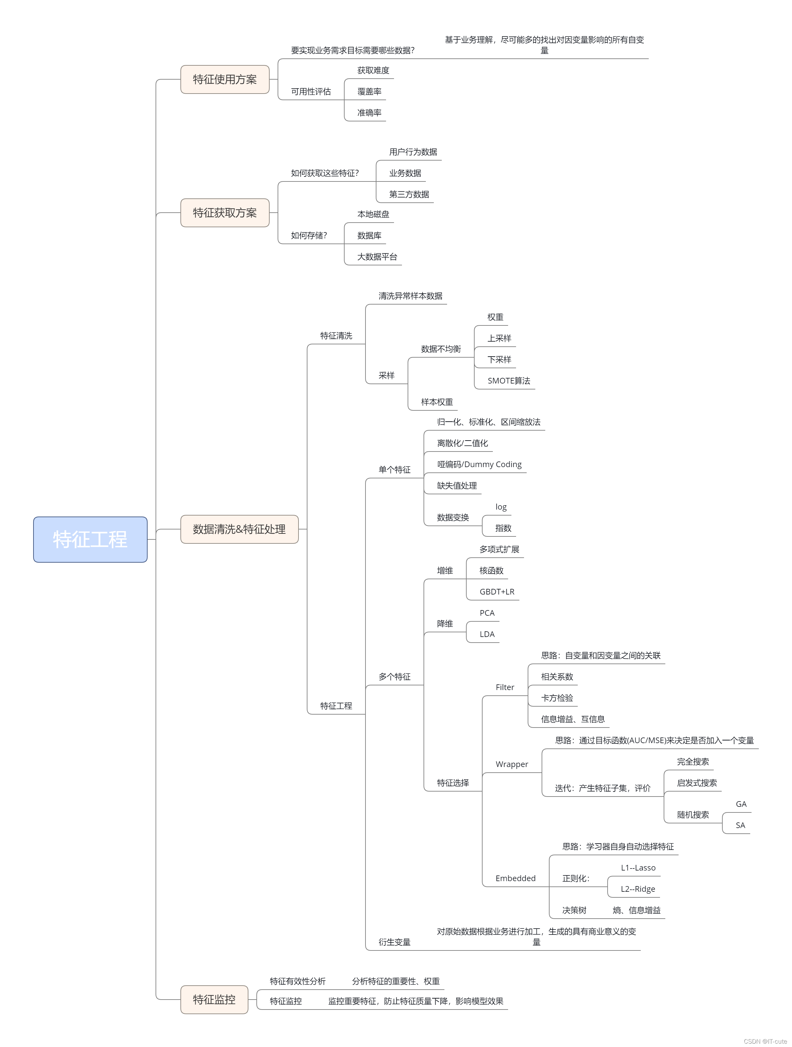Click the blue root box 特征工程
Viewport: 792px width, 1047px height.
coord(90,539)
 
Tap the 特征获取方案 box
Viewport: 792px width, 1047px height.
coord(225,213)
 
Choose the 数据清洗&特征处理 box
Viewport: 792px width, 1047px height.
coord(239,529)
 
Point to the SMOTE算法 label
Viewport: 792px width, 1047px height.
coord(509,381)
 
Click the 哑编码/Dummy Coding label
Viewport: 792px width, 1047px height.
coord(479,464)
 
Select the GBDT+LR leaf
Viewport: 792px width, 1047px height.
coord(497,592)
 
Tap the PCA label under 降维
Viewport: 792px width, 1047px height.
coord(487,613)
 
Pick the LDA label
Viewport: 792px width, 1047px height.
coord(487,634)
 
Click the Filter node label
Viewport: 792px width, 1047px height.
coord(505,687)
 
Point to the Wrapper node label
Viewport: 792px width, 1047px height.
coord(511,764)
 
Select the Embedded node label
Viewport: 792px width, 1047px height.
coord(515,878)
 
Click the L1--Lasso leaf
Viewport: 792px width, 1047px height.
coord(638,868)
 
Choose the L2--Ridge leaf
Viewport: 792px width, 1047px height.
coord(638,889)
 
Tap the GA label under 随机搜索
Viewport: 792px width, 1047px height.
coord(741,804)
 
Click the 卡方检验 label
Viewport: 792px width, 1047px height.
coord(557,698)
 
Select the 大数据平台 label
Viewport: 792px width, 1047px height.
coord(377,256)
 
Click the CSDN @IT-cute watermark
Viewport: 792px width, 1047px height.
coord(765,1041)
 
